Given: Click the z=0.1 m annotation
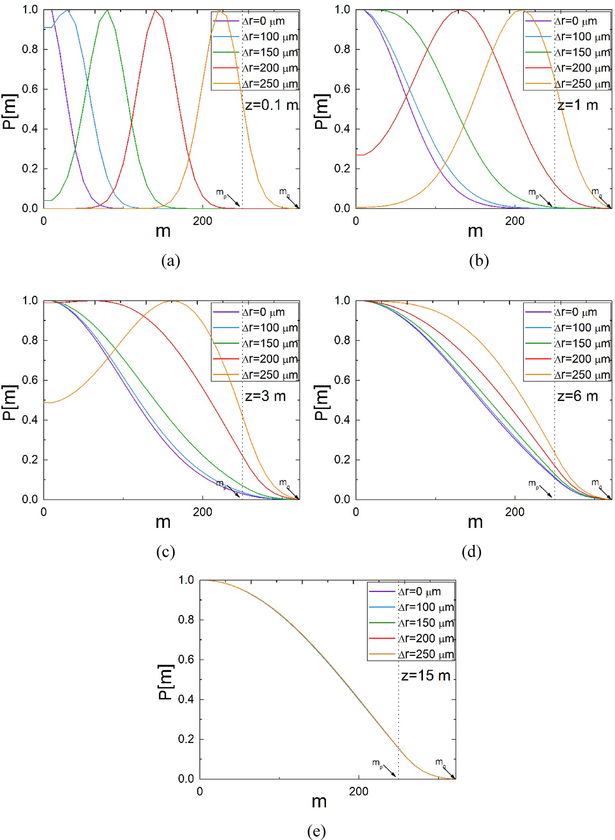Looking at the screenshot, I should point(271,106).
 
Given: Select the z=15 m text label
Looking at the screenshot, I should point(426,675).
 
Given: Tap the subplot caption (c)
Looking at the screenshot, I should point(166,551).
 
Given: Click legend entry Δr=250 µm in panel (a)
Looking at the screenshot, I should point(270,84).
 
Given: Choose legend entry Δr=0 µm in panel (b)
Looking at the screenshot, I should point(575,21).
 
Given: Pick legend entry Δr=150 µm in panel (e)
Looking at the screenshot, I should point(426,623).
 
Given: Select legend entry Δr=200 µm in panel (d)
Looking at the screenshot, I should point(581,359).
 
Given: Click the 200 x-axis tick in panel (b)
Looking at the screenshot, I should point(514,221).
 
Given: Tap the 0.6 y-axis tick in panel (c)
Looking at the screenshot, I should point(30,380).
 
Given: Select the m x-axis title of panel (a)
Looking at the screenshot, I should point(163,231).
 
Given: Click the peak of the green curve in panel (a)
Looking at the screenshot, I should point(108,10).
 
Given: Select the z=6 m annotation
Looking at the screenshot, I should point(578,396).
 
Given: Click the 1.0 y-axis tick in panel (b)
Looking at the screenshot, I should point(342,10).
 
